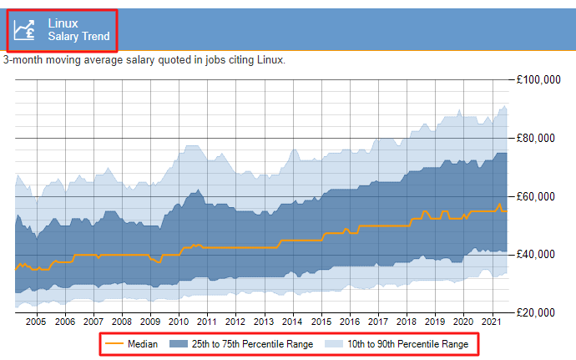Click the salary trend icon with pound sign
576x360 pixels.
pyautogui.click(x=25, y=29)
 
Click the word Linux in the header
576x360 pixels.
pyautogui.click(x=63, y=23)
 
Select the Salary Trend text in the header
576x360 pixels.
pyautogui.click(x=78, y=37)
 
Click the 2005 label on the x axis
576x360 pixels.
pyautogui.click(x=36, y=321)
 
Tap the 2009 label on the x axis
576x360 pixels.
pyautogui.click(x=149, y=321)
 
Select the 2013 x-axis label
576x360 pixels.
pyautogui.click(x=263, y=321)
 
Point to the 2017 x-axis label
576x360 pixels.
pyautogui.click(x=377, y=321)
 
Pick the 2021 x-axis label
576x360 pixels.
pyautogui.click(x=491, y=321)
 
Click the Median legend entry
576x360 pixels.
pyautogui.click(x=142, y=344)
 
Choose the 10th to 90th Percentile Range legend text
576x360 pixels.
pyautogui.click(x=407, y=344)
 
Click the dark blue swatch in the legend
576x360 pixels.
pyautogui.click(x=178, y=344)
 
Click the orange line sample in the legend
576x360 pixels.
pyautogui.click(x=114, y=344)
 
